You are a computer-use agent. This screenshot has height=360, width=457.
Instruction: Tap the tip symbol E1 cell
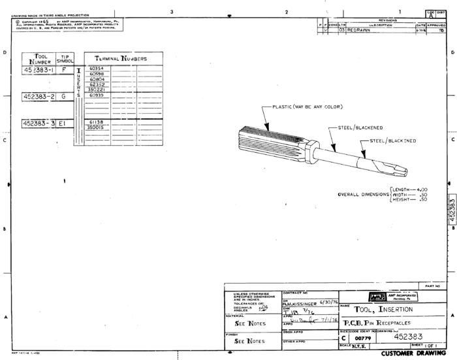[x=64, y=122]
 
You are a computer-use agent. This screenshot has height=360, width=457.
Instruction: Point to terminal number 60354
[x=97, y=68]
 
